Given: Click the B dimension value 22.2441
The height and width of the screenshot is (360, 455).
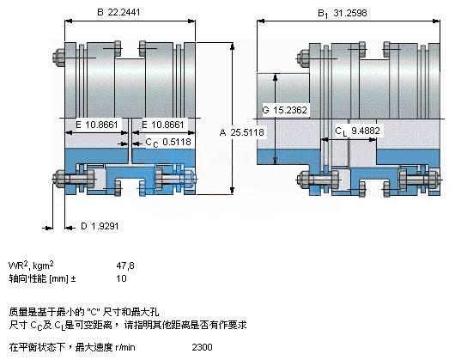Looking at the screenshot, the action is click(x=124, y=12).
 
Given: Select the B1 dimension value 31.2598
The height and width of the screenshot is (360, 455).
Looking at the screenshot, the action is click(x=350, y=13).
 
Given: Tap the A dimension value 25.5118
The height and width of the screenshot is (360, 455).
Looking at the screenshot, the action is click(x=247, y=132).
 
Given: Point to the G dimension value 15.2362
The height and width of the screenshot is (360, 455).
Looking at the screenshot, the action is click(x=290, y=110).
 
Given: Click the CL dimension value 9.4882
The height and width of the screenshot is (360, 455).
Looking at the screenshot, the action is click(x=366, y=131).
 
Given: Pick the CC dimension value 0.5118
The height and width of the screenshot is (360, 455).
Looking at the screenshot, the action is click(x=177, y=142).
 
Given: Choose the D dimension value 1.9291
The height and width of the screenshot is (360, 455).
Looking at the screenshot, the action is click(x=105, y=226).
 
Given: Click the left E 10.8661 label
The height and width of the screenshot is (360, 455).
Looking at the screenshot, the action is click(x=97, y=125).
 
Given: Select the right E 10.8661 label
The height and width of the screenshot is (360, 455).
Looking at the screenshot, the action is click(x=163, y=125).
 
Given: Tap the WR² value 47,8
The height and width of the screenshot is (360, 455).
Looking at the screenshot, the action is click(x=125, y=265).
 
